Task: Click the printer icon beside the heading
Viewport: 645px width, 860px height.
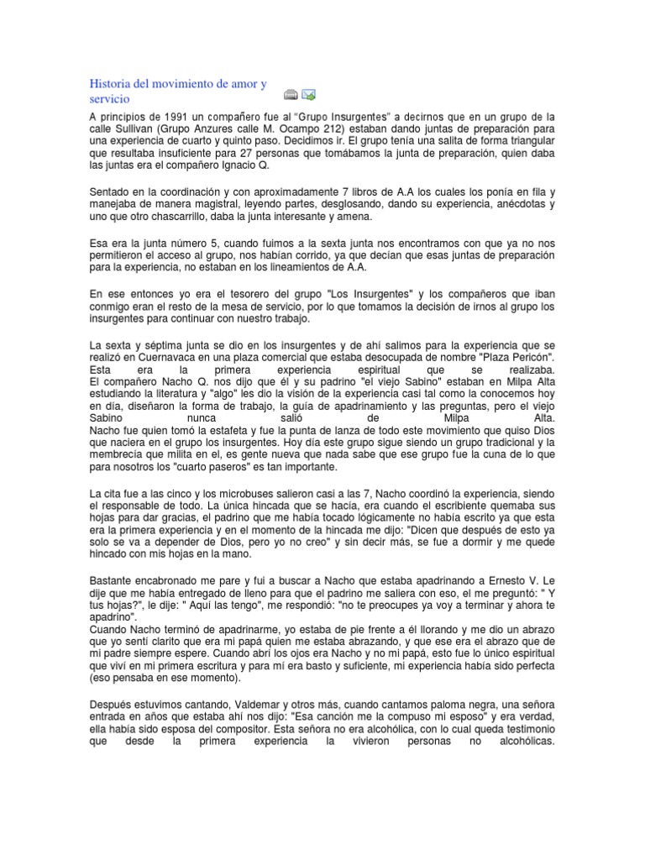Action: pyautogui.click(x=291, y=94)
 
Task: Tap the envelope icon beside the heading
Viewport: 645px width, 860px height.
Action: pyautogui.click(x=308, y=94)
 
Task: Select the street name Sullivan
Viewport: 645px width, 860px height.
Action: pyautogui.click(x=145, y=129)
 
